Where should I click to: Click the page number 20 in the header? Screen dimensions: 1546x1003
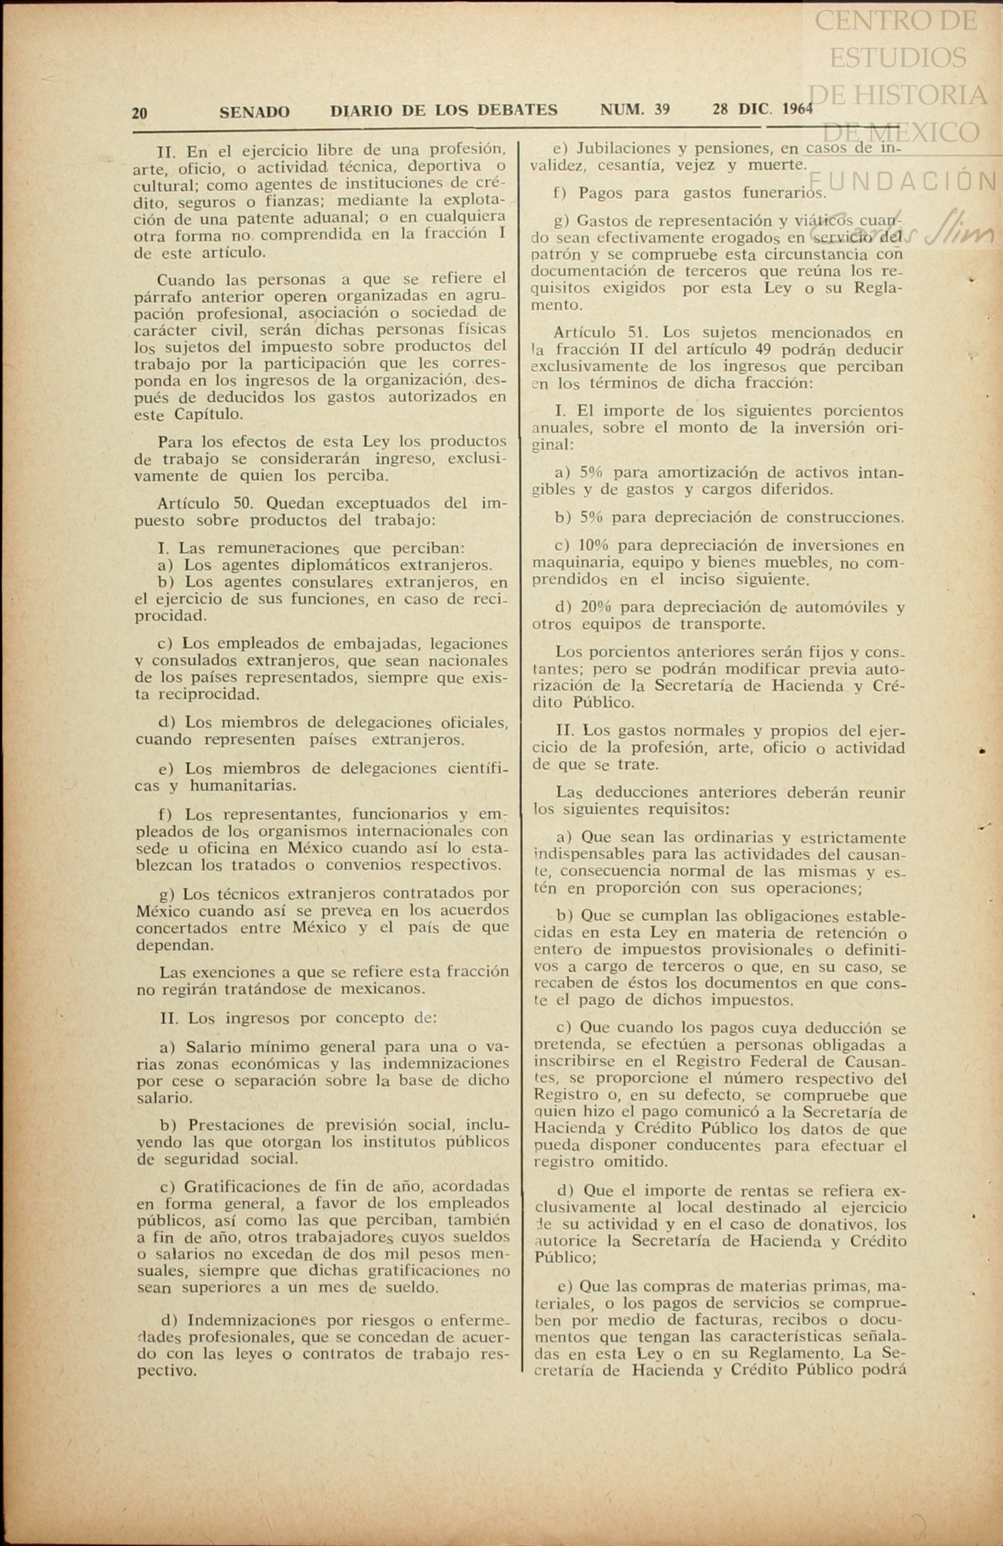point(139,112)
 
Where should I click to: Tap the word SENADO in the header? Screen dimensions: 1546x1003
point(254,112)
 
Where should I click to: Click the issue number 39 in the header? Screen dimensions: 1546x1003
point(661,109)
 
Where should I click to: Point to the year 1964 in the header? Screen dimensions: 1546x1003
point(798,109)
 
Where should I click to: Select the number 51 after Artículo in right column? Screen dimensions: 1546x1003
point(638,333)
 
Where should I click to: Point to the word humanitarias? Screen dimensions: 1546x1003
point(243,785)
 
